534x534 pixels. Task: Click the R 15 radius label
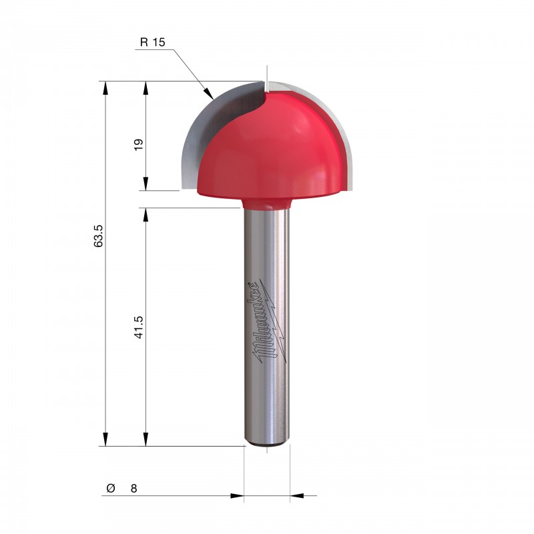point(153,42)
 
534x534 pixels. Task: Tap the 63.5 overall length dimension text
point(98,236)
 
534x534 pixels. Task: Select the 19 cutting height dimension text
point(139,145)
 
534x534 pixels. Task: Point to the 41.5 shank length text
point(139,327)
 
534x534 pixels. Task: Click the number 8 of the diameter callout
point(134,489)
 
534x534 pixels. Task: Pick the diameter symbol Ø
point(111,488)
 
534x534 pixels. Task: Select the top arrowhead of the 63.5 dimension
point(105,88)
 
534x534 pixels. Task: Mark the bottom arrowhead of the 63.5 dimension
point(105,439)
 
